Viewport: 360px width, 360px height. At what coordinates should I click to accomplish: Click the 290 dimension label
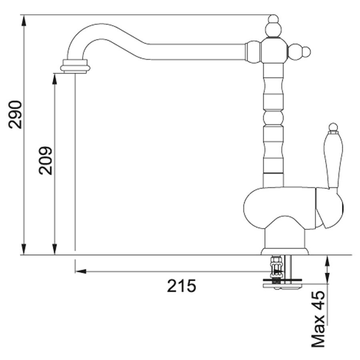coord(15,114)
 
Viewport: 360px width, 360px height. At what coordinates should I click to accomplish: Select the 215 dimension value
coord(181,286)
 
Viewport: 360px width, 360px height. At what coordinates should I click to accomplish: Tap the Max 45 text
coord(318,319)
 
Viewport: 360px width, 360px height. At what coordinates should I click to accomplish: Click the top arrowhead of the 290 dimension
coord(24,20)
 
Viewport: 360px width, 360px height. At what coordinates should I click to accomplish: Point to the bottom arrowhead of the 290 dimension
coord(24,249)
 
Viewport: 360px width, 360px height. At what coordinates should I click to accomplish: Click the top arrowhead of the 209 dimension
coord(54,79)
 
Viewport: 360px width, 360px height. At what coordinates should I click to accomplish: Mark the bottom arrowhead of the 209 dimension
coord(54,249)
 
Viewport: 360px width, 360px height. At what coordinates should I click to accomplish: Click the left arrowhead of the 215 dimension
coord(81,272)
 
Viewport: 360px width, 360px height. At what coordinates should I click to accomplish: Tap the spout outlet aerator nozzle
coord(75,66)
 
